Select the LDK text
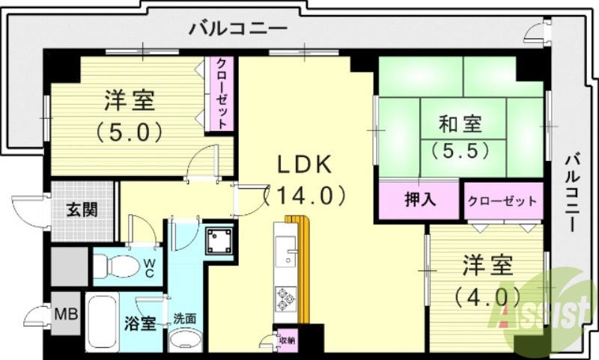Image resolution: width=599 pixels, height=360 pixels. click(302, 166)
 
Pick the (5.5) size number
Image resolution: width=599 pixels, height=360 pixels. click(460, 150)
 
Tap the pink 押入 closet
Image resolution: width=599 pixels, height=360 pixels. click(419, 200)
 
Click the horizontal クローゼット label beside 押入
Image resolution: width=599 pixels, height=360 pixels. click(502, 201)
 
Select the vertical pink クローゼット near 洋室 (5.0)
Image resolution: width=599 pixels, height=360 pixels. click(222, 95)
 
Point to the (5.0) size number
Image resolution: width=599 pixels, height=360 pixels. click(129, 132)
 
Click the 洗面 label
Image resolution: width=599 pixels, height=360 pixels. click(184, 318)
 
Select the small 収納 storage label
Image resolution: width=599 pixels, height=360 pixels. click(287, 340)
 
